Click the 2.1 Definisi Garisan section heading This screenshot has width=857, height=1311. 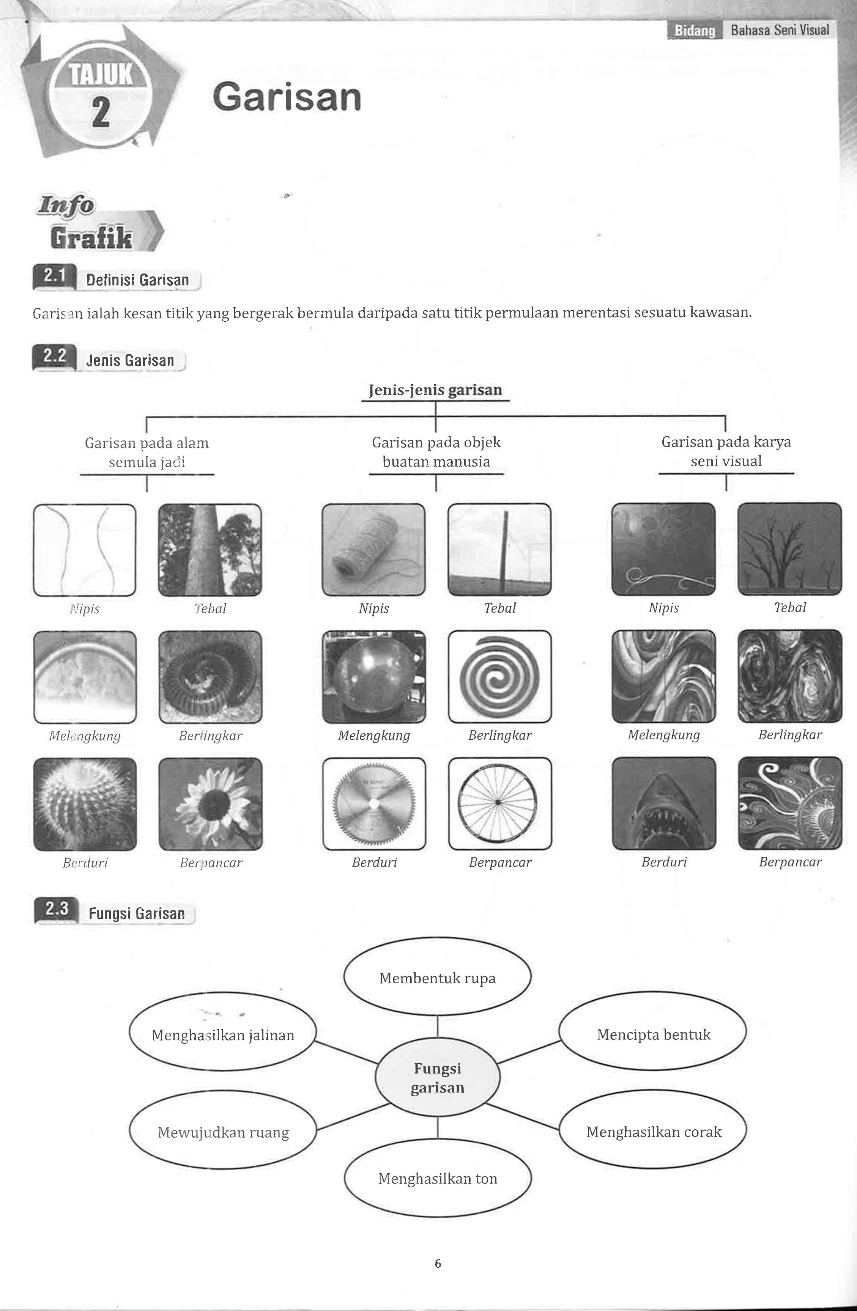click(x=117, y=280)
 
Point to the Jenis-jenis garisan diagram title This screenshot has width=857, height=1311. click(x=435, y=390)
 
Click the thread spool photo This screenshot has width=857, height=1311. click(x=374, y=550)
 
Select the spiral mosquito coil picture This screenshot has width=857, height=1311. click(x=499, y=676)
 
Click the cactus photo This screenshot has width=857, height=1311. click(x=85, y=804)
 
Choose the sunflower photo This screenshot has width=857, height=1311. click(x=211, y=804)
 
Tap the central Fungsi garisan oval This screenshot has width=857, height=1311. click(x=438, y=1078)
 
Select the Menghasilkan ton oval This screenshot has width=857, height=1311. click(x=438, y=1178)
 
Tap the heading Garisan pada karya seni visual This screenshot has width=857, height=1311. click(x=726, y=452)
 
